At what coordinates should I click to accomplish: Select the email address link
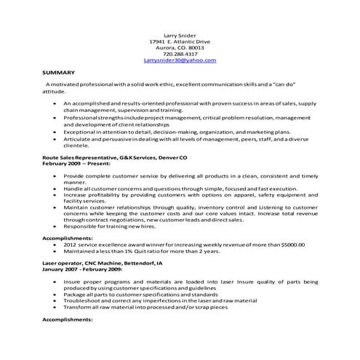tap(180, 60)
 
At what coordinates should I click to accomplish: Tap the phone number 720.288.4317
tap(180, 54)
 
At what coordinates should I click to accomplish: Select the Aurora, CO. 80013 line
tap(180, 47)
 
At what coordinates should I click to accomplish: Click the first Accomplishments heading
tap(68, 238)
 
